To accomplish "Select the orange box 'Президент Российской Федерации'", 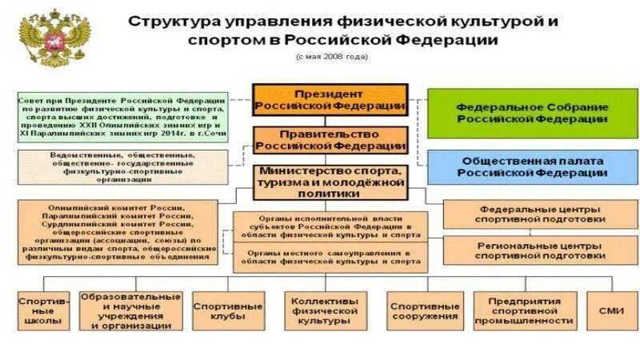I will (330, 100).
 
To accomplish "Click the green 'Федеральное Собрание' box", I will (531, 113).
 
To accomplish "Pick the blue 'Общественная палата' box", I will (531, 166).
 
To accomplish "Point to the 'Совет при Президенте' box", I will (122, 117).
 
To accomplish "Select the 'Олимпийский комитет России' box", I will (118, 230).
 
